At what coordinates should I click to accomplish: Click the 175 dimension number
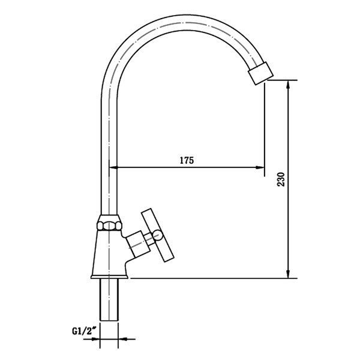(186, 160)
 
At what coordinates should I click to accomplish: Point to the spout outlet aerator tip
(259, 74)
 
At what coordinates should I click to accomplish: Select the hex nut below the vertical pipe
(109, 226)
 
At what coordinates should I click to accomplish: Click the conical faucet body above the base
(109, 252)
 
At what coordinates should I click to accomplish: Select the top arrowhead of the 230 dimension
(289, 85)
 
